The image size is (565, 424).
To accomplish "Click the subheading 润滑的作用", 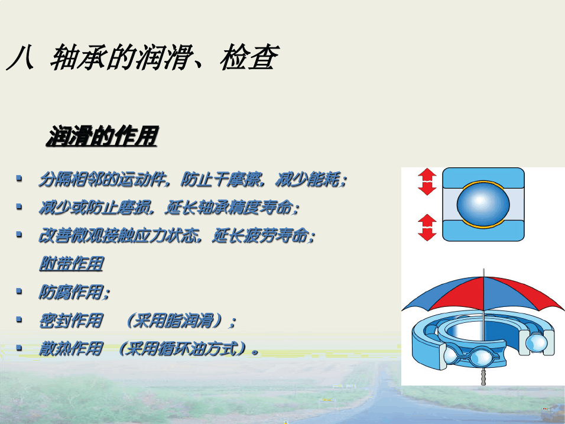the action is click(102, 136).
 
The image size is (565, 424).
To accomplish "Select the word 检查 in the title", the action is click(249, 57).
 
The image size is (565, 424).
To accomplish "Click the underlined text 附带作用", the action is click(72, 264).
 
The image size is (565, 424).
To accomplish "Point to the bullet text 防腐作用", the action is click(71, 292).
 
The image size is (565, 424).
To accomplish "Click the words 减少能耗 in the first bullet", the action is click(307, 179).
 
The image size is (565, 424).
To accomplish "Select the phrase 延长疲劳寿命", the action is click(260, 236).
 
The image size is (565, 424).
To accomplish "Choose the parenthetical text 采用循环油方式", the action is click(181, 349).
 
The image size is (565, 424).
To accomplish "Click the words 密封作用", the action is click(71, 321).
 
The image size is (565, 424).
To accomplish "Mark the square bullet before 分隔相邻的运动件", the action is click(19, 178).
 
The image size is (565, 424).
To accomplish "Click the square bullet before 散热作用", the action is click(19, 348).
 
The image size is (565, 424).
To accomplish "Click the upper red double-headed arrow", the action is click(427, 182).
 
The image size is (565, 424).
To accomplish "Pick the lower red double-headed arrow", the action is click(427, 228).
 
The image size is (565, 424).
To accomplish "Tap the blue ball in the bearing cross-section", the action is click(483, 204).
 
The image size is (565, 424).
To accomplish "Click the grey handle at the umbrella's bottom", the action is click(483, 377).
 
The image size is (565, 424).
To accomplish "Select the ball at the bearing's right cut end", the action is click(536, 342).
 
